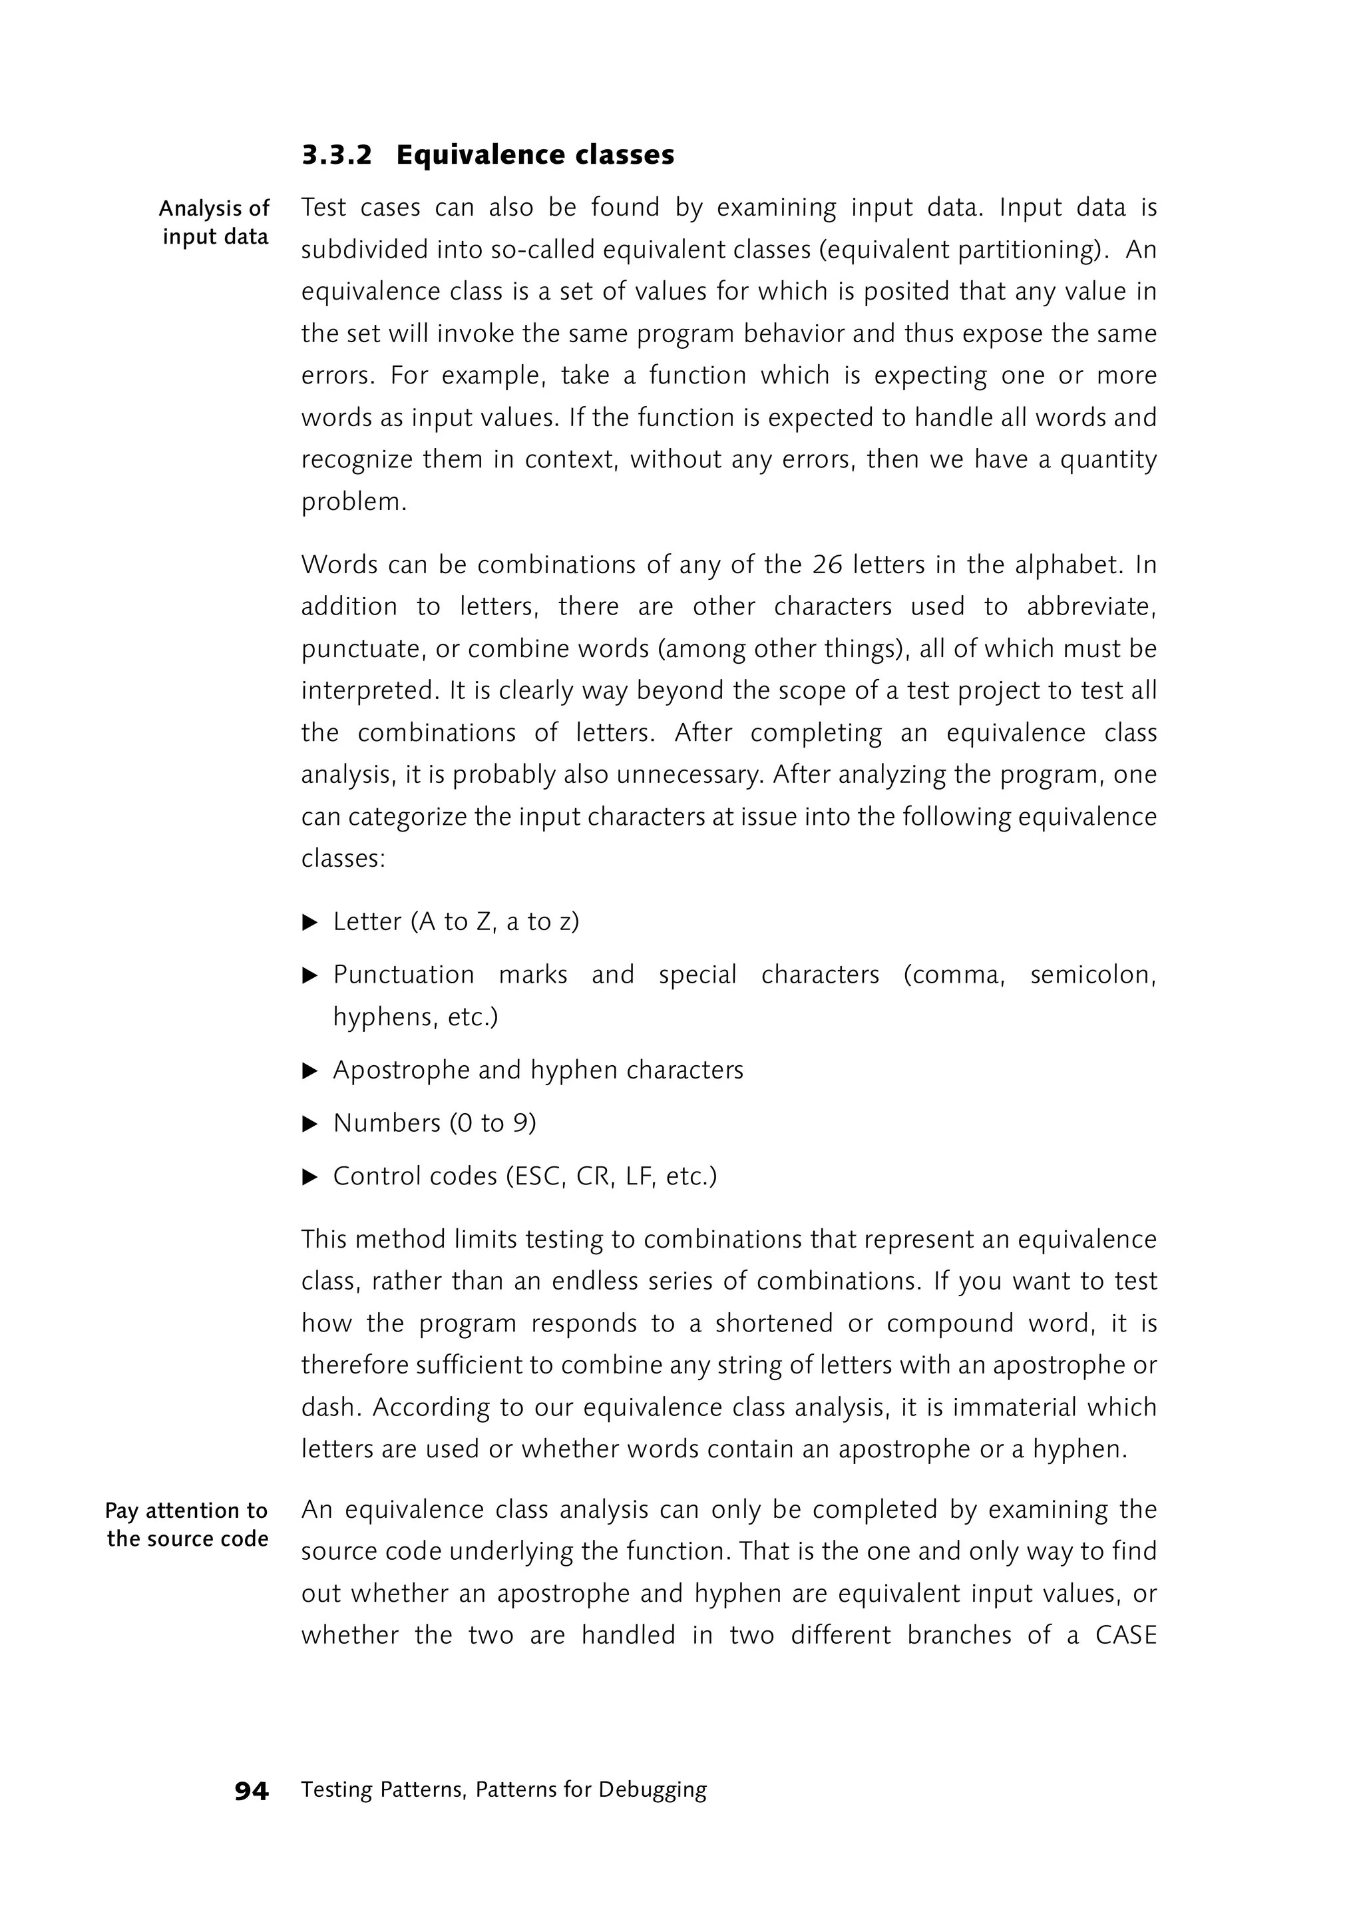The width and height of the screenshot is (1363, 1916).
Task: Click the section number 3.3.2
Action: pos(335,155)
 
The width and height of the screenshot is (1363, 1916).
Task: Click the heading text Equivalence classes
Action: pos(534,155)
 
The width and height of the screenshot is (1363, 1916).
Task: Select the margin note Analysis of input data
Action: pos(215,222)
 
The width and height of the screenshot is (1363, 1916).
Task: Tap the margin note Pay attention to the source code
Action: pos(187,1525)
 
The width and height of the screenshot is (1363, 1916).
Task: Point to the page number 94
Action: pos(251,1791)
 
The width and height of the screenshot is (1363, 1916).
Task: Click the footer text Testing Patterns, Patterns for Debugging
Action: pos(504,1790)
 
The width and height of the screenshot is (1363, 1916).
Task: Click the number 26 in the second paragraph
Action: pos(827,565)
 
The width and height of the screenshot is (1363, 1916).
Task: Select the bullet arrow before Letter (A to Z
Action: pos(309,923)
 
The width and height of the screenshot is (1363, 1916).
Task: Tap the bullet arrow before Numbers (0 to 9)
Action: pos(309,1123)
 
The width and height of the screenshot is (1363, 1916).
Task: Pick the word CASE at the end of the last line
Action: pos(1125,1636)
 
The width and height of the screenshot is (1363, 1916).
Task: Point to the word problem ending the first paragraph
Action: pos(353,503)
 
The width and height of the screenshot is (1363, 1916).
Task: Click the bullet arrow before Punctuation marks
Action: pos(309,975)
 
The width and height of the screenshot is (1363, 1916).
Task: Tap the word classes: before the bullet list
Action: pos(343,859)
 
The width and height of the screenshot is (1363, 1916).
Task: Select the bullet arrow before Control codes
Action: pos(309,1177)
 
